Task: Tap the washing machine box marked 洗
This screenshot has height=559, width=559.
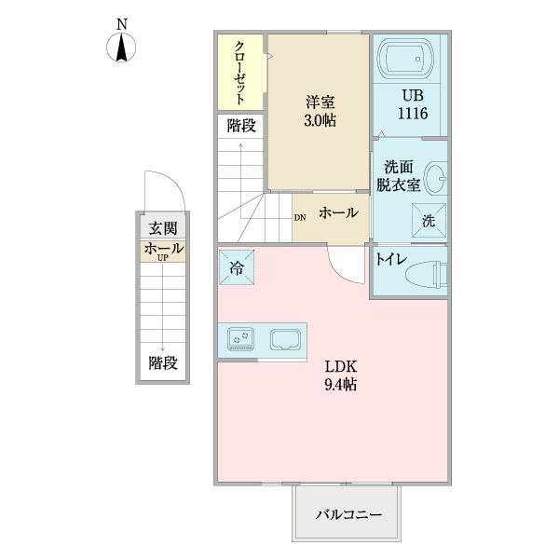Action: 428,221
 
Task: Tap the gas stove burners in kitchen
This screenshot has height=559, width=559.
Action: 244,339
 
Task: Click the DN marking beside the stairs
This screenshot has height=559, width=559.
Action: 299,219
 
